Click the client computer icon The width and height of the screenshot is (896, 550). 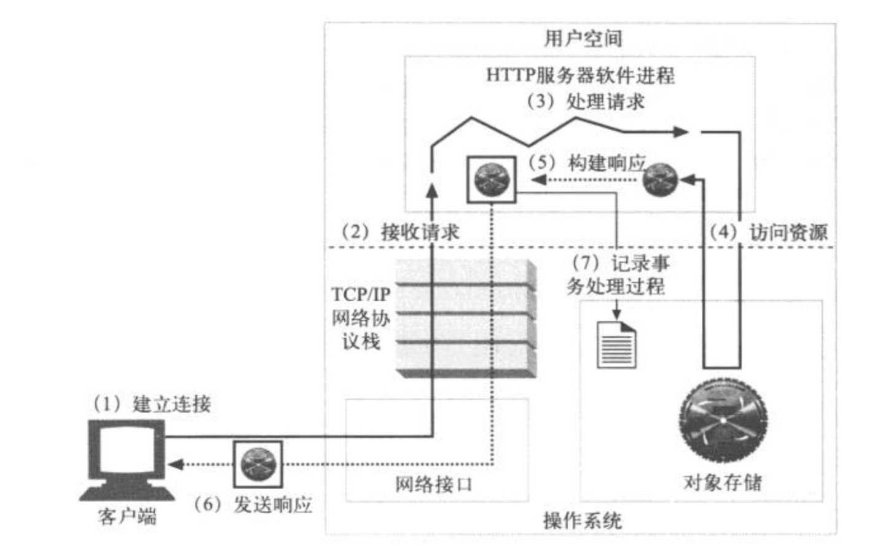127,459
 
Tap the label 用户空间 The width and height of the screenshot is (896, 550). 583,39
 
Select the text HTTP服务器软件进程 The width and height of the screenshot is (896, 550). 580,75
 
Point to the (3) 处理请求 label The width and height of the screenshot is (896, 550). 584,102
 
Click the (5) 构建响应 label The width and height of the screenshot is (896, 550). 586,163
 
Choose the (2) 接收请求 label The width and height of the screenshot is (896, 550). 400,231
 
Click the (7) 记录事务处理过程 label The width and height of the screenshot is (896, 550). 618,275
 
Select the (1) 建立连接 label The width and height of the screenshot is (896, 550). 152,404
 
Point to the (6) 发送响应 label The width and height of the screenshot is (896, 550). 253,505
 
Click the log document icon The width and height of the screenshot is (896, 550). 616,345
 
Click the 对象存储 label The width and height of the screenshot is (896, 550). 723,482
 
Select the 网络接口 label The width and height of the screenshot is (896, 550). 434,484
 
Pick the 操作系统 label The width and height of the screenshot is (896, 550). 583,521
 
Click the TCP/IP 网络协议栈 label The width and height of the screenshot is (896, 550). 361,319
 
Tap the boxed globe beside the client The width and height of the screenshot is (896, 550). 258,464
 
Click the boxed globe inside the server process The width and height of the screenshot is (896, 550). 492,180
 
